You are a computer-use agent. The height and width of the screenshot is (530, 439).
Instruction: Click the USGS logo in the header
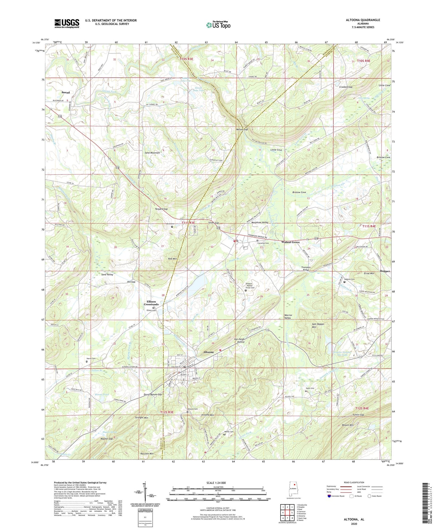tap(67, 23)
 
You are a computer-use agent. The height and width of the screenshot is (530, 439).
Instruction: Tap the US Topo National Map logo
tap(218, 25)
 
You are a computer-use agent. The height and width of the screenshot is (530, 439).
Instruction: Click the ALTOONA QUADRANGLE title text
tap(363, 20)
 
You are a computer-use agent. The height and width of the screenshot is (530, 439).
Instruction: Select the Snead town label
tap(66, 92)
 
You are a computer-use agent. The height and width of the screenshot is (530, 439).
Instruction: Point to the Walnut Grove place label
tap(290, 242)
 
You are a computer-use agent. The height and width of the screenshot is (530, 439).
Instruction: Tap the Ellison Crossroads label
tap(151, 303)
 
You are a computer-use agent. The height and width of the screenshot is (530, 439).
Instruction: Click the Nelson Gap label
tap(242, 129)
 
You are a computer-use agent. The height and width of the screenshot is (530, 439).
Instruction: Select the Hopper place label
tap(385, 271)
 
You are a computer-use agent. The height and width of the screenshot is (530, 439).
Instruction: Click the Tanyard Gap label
tap(161, 209)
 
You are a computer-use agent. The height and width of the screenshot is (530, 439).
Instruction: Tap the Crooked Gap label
tap(346, 87)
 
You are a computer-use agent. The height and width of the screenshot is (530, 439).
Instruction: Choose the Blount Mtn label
tap(348, 425)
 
